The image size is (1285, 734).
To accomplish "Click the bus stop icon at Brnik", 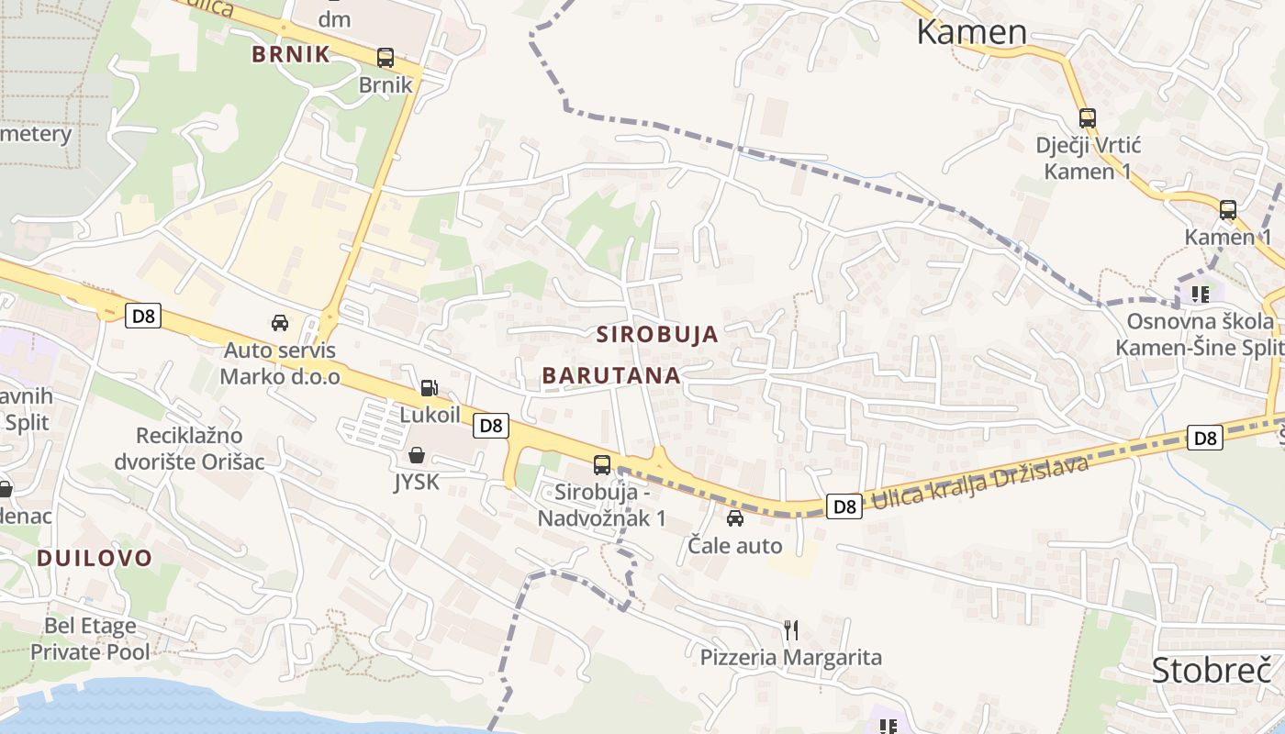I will [385, 58].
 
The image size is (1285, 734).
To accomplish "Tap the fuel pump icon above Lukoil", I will [429, 388].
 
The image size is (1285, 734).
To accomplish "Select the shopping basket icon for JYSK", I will [417, 455].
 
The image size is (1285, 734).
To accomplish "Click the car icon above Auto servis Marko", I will [280, 323].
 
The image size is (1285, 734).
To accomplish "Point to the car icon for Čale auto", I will [735, 518].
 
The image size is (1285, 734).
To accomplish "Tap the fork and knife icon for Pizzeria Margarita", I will [791, 629].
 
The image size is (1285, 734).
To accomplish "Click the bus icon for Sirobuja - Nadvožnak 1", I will [602, 465].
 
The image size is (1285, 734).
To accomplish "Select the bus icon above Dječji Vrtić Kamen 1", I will [1088, 118].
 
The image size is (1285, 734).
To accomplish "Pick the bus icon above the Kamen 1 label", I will [1228, 210].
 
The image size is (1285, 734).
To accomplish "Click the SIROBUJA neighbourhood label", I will [657, 334].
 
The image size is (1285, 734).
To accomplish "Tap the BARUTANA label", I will [611, 375].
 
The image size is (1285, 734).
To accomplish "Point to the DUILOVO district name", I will [95, 558].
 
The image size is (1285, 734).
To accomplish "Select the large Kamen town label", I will [972, 32].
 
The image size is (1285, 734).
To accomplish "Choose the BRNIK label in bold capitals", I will [291, 54].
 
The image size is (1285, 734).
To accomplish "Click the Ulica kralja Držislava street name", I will [979, 484].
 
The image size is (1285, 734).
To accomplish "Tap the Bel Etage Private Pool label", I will [90, 639].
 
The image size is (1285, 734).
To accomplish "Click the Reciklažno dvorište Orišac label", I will [189, 448].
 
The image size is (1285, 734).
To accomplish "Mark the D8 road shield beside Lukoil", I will [492, 426].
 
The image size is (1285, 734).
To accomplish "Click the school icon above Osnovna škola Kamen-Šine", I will [1200, 295].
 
